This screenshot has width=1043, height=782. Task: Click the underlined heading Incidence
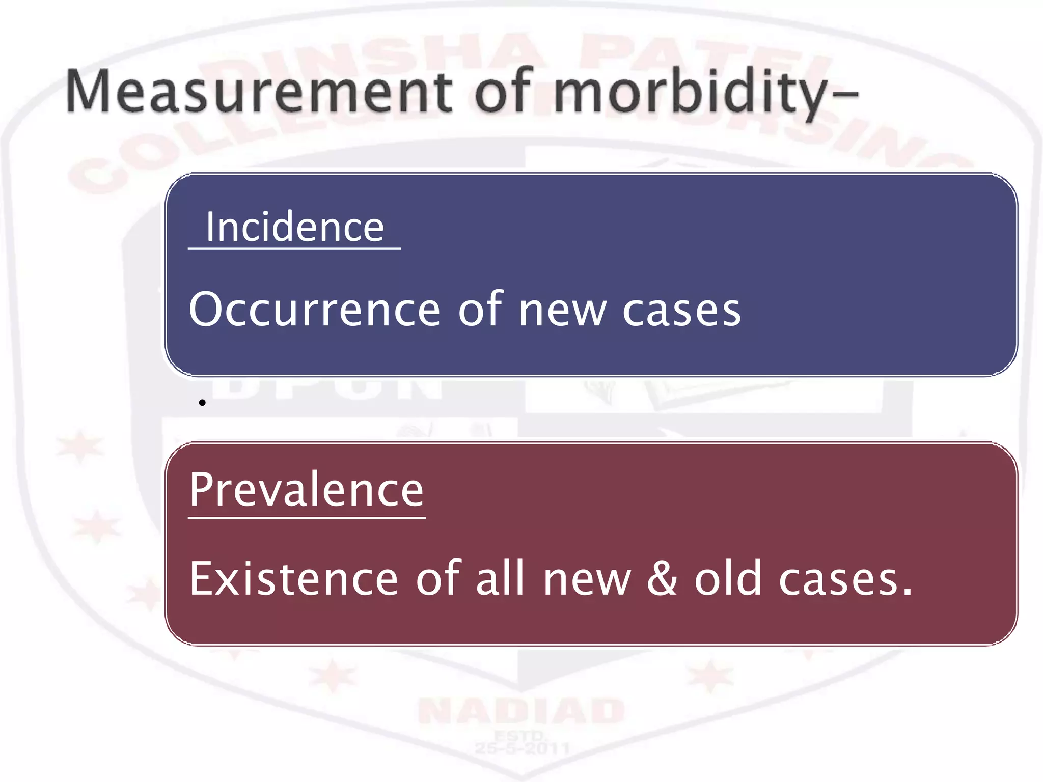[x=294, y=227]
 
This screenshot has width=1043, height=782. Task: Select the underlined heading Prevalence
[x=307, y=490]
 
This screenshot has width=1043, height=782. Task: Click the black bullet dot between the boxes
[x=202, y=403]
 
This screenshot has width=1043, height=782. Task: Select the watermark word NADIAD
[x=521, y=711]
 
